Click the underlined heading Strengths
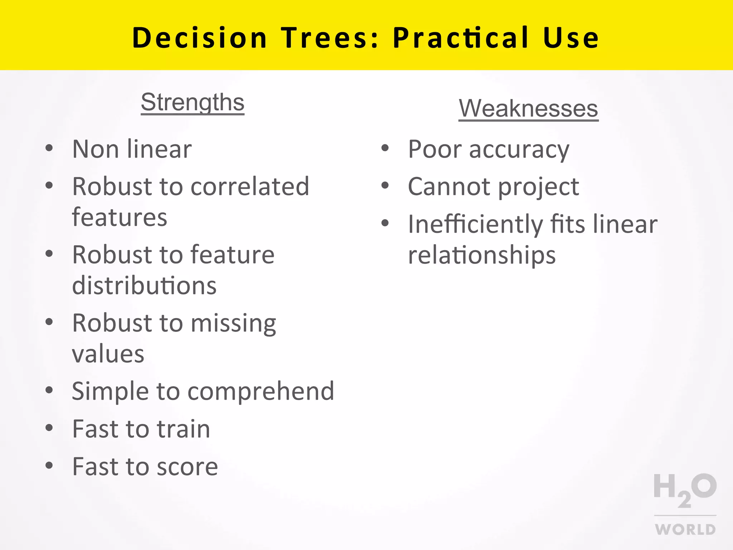pos(192,102)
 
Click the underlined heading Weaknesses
pos(528,108)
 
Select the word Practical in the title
pos(461,38)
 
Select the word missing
pos(233,323)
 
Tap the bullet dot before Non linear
pos(49,148)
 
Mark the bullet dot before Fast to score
pos(49,465)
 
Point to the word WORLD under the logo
pos(685,529)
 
